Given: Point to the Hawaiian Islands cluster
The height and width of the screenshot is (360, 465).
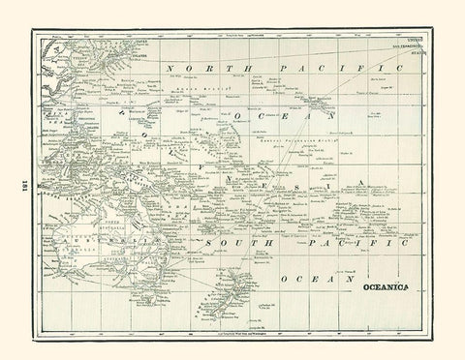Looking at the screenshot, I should [310, 101].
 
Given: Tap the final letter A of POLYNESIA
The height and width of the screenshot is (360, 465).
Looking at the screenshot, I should [360, 181].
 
